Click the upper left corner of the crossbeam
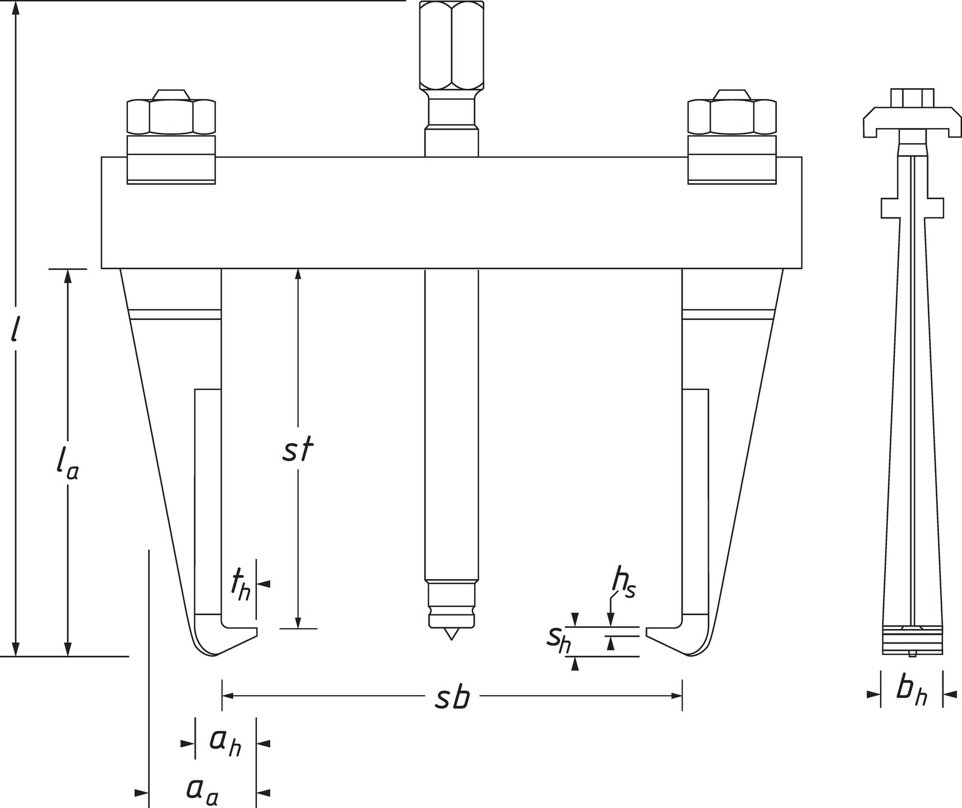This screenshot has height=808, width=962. click(x=102, y=157)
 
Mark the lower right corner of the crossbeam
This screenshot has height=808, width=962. click(x=801, y=269)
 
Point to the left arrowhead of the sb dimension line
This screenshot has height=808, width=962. click(x=228, y=696)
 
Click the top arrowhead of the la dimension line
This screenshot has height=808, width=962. click(x=68, y=276)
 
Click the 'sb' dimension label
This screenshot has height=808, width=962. click(x=452, y=697)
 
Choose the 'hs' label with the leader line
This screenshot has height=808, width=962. click(x=623, y=585)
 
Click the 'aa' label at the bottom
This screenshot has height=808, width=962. click(x=202, y=791)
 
